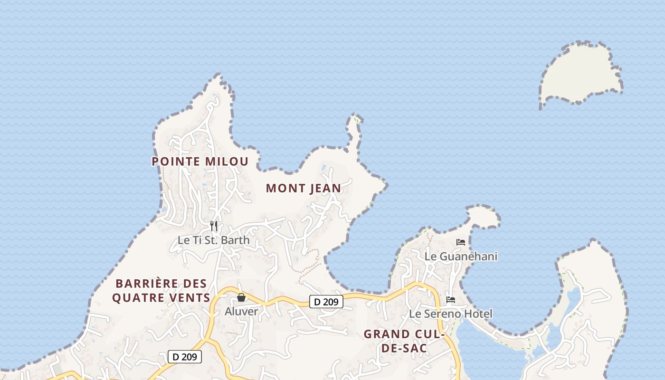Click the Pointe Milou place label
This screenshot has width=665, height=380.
(200, 161)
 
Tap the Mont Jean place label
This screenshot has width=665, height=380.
(304, 189)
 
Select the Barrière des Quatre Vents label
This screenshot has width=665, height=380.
(161, 291)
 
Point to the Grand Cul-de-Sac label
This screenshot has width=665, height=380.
(404, 341)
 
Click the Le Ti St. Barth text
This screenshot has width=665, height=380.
(213, 240)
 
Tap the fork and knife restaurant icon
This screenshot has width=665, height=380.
(214, 226)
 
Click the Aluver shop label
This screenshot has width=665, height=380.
(241, 312)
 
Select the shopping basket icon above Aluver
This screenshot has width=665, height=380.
(241, 298)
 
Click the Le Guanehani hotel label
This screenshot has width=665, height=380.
(461, 256)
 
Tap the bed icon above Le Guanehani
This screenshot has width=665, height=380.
(461, 242)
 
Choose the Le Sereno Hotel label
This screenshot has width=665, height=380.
(451, 314)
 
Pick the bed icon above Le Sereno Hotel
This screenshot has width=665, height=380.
(451, 300)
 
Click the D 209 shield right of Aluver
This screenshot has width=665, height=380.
(326, 302)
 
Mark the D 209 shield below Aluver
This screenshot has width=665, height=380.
(185, 357)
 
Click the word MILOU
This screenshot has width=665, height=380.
(227, 161)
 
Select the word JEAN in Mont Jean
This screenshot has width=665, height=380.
(325, 189)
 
